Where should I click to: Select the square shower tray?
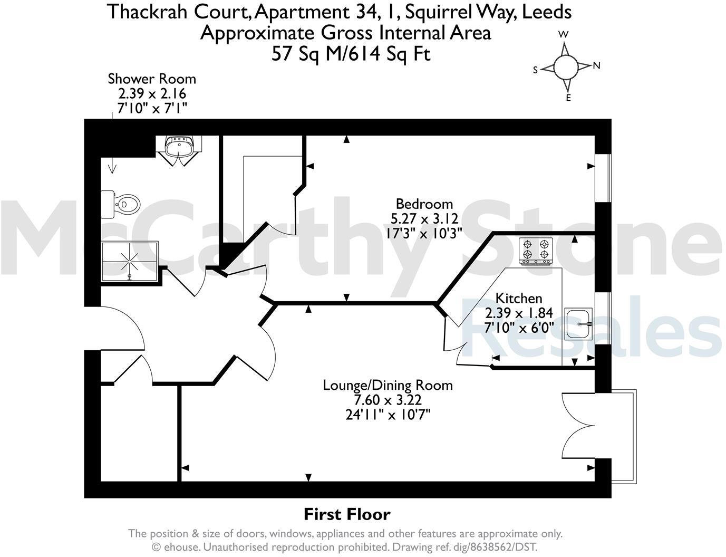[x=129, y=260]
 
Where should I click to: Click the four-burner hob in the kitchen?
[x=535, y=251]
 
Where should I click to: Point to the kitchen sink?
[x=579, y=323]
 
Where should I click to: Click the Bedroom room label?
[x=424, y=204]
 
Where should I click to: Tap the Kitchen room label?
[x=519, y=299]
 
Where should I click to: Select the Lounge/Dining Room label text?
[x=388, y=385]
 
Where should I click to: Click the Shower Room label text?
[x=152, y=79]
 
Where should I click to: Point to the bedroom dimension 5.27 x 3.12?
[x=424, y=218]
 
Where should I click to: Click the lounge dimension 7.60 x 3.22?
[x=388, y=400]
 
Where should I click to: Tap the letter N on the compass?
[x=597, y=66]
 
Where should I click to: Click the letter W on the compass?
[x=564, y=34]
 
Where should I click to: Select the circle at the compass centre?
[x=566, y=66]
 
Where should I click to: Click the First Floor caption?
[x=347, y=514]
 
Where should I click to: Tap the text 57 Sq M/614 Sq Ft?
[x=351, y=54]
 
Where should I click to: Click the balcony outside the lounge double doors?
[x=624, y=435]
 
